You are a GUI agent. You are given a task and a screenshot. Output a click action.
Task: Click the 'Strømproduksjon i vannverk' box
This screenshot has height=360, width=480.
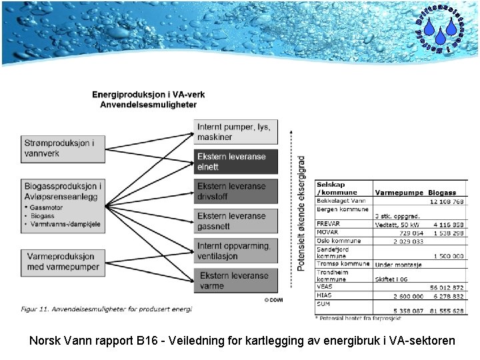(63, 149)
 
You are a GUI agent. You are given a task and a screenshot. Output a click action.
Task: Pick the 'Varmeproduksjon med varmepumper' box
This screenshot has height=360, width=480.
(63, 262)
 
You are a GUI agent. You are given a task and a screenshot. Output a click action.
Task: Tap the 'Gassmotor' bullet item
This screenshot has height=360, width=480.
(47, 209)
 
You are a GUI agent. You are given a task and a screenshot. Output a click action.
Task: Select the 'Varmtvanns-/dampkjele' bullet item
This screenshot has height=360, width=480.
(65, 225)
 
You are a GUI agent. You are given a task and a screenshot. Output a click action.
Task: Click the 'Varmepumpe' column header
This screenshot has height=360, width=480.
(399, 193)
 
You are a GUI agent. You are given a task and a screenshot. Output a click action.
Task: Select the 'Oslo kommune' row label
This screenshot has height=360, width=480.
(339, 241)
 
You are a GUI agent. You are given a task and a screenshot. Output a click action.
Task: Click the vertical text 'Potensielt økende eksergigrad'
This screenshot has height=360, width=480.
(301, 213)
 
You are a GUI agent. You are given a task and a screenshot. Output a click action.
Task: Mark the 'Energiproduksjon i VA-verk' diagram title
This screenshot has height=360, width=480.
(149, 95)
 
